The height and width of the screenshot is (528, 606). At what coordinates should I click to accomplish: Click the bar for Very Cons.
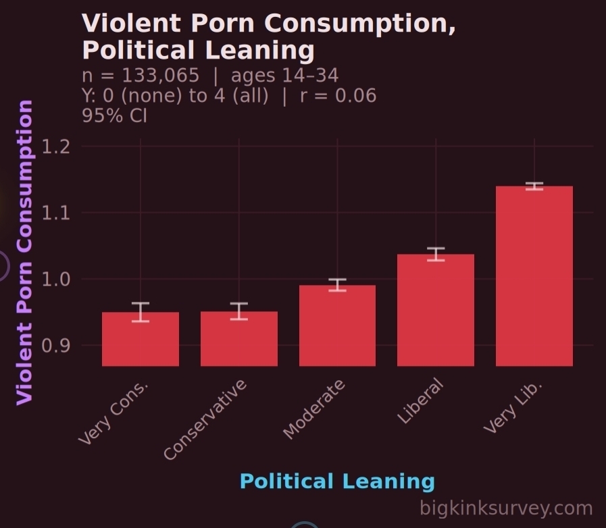coord(141,339)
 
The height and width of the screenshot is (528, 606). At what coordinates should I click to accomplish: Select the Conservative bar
coord(239,339)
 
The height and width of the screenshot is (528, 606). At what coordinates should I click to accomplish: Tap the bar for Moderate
coord(337,325)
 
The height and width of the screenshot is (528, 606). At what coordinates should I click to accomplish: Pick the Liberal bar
coord(436,310)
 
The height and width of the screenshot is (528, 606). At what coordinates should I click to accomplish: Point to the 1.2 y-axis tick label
coord(56,147)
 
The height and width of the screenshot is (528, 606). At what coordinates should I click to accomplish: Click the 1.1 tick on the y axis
coord(56,213)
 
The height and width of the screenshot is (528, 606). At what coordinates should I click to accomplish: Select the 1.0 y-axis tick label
coord(56,279)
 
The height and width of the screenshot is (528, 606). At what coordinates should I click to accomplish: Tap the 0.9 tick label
coord(56,345)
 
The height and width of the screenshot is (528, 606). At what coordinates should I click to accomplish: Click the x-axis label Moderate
coord(314,409)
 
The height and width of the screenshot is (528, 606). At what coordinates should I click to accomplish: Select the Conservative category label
coord(206,420)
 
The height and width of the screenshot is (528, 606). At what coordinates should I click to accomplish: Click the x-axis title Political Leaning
coord(337,481)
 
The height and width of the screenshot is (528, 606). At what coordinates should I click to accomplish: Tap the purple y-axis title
coord(24,252)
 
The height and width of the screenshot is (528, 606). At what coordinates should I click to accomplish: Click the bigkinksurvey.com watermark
coord(506,508)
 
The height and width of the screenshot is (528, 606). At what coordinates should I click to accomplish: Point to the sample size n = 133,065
coord(141,75)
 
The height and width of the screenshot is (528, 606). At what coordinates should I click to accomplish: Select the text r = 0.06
coord(338,95)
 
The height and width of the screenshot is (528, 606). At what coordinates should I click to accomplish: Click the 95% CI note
coord(114,115)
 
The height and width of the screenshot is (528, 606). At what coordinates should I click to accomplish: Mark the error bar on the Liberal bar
coord(436,254)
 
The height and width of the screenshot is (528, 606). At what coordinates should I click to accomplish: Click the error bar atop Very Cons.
coord(141,312)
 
